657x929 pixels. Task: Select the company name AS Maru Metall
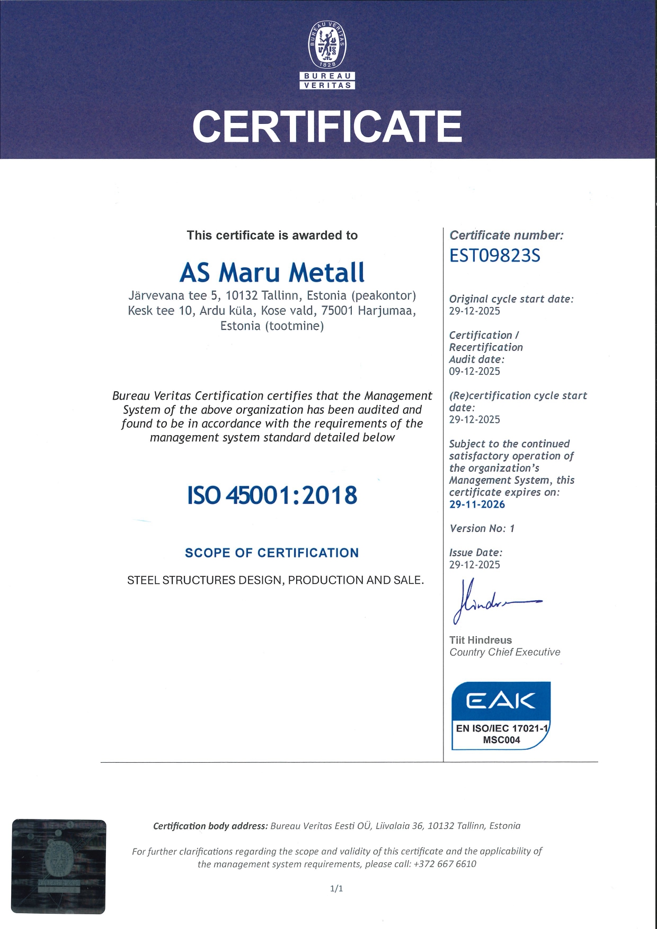(272, 272)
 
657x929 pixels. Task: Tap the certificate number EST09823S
(494, 256)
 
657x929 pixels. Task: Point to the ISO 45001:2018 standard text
(272, 495)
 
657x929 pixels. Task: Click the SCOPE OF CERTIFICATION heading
(272, 553)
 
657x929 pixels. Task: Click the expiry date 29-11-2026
(477, 504)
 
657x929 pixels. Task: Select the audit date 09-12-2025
(474, 371)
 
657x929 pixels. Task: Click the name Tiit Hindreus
(481, 640)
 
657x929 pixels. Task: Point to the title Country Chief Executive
(504, 652)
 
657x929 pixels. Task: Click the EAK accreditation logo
(501, 715)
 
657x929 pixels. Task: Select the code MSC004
(501, 740)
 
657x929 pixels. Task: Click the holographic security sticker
(59, 866)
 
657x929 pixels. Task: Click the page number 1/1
(336, 889)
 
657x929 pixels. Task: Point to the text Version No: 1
(482, 528)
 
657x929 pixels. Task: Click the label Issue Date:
(476, 553)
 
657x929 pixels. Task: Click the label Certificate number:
(506, 236)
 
